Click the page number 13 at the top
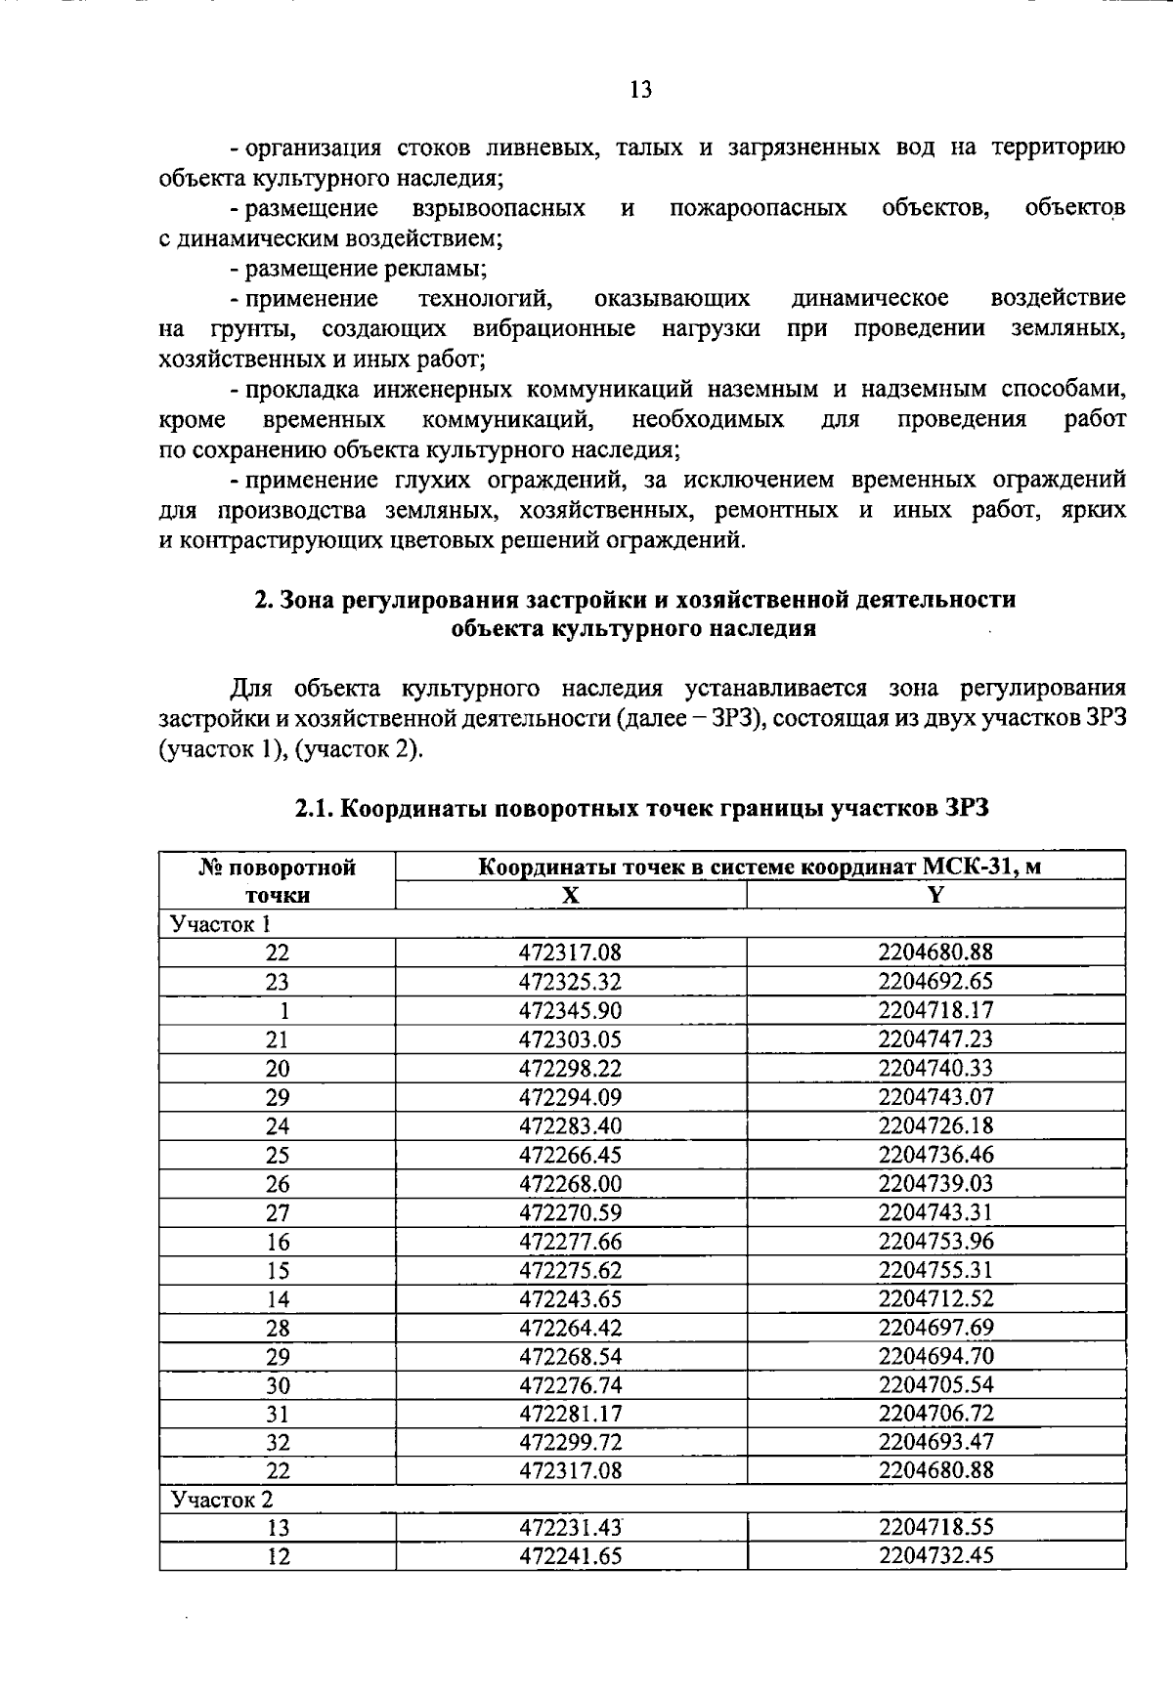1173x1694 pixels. tap(641, 91)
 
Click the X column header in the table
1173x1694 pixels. tap(571, 895)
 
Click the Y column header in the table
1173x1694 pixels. tap(935, 895)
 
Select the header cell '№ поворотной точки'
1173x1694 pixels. tap(278, 880)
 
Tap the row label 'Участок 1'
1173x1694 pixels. tap(220, 923)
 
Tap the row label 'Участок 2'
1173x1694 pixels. tap(222, 1499)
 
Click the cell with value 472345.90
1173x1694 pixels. tap(571, 1010)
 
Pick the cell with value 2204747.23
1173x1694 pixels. tap(935, 1038)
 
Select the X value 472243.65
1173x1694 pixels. tap(571, 1298)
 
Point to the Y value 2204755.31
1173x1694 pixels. tap(935, 1270)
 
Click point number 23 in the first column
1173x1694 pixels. tap(278, 982)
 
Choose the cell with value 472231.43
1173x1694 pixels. tap(571, 1528)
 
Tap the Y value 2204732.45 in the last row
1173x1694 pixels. tap(935, 1555)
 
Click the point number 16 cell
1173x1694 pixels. tap(278, 1242)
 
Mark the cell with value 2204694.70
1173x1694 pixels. tap(935, 1356)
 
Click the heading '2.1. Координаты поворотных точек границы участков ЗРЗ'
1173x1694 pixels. tap(642, 809)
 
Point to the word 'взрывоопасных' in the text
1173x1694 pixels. tap(500, 208)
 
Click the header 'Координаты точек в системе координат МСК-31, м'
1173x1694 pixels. tap(760, 867)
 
